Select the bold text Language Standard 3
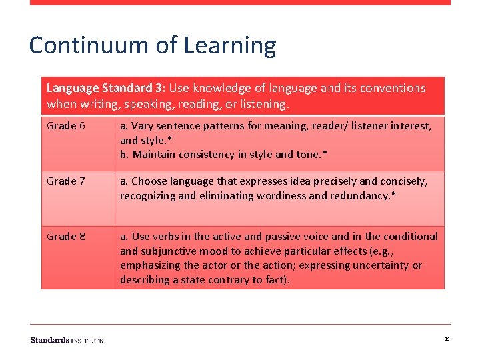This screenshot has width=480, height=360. pyautogui.click(x=106, y=88)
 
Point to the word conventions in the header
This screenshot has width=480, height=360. pyautogui.click(x=393, y=88)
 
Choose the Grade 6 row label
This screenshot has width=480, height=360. pyautogui.click(x=66, y=125)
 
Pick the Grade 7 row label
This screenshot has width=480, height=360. pyautogui.click(x=66, y=181)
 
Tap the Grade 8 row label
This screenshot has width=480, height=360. pyautogui.click(x=66, y=236)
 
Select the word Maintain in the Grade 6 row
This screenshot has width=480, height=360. pyautogui.click(x=155, y=155)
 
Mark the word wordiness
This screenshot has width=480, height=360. pyautogui.click(x=261, y=196)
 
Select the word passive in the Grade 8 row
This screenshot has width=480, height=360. pyautogui.click(x=269, y=236)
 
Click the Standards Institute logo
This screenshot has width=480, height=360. pyautogui.click(x=67, y=340)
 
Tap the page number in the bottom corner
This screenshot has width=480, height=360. pyautogui.click(x=447, y=340)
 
